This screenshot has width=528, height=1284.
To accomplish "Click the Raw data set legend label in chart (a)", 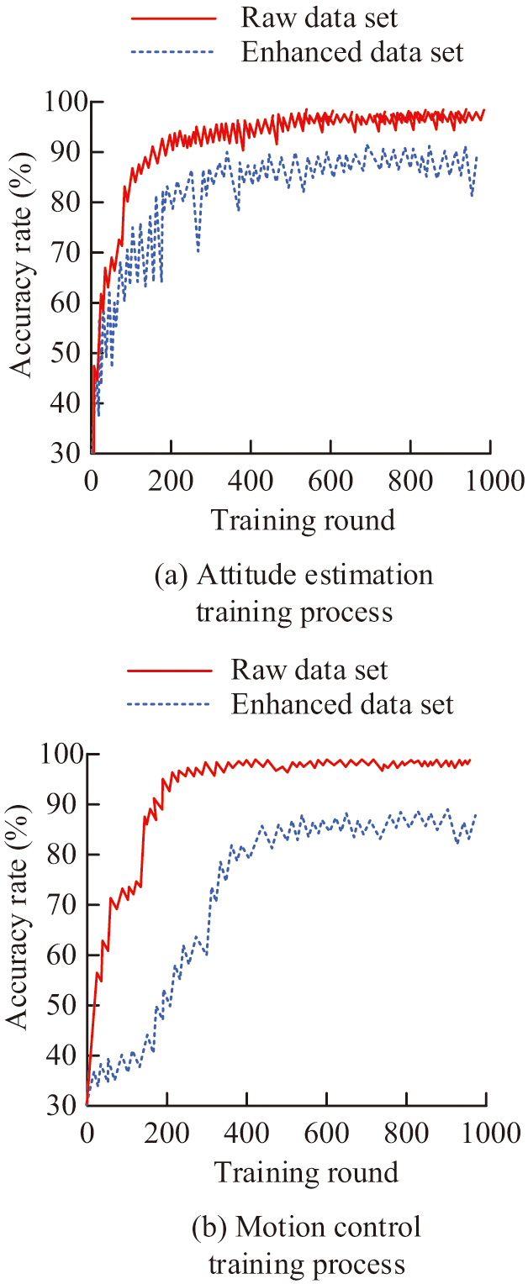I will coord(319,17).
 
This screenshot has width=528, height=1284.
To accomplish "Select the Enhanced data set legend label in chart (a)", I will coord(352,52).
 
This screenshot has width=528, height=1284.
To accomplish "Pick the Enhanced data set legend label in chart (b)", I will coord(342,704).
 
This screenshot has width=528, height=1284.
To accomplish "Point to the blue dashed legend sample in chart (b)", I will coord(167,704).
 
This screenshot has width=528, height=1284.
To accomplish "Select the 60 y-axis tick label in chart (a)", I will coord(68,303).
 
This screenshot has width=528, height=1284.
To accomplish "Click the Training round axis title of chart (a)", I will coord(303,520).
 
